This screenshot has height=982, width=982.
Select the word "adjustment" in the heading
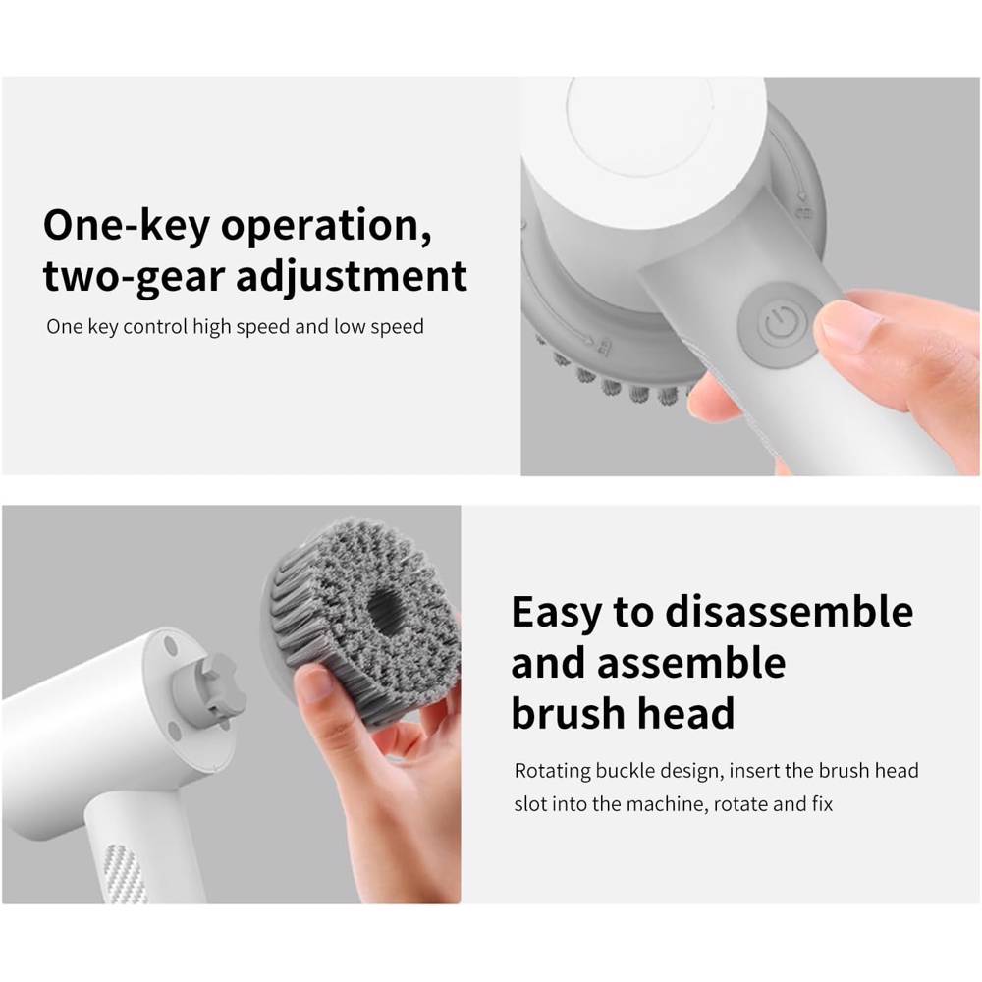[352, 276]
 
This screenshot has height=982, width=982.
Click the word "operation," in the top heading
[326, 226]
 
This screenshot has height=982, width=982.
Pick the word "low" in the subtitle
[351, 326]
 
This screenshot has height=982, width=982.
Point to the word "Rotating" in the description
[552, 771]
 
